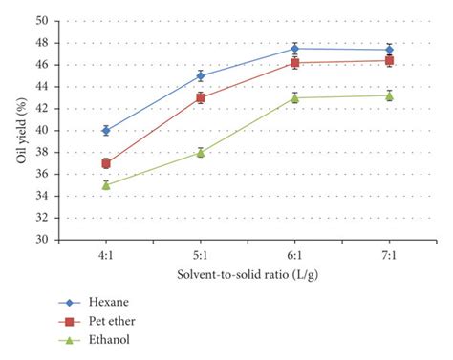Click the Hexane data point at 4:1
pyautogui.click(x=106, y=130)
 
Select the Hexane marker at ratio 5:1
pyautogui.click(x=201, y=75)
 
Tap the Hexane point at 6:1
pyautogui.click(x=294, y=49)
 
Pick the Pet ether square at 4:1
pyautogui.click(x=106, y=163)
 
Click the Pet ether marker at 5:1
pyautogui.click(x=201, y=97)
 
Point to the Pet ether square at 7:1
pyautogui.click(x=389, y=60)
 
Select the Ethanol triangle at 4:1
pyautogui.click(x=106, y=185)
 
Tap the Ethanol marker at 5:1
pyautogui.click(x=201, y=152)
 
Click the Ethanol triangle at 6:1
pyautogui.click(x=294, y=97)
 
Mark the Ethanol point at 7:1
pyautogui.click(x=389, y=95)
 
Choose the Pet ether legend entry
pyautogui.click(x=116, y=318)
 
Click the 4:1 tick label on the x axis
pyautogui.click(x=106, y=255)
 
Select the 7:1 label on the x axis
pyautogui.click(x=389, y=255)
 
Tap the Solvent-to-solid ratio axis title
pyautogui.click(x=247, y=275)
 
